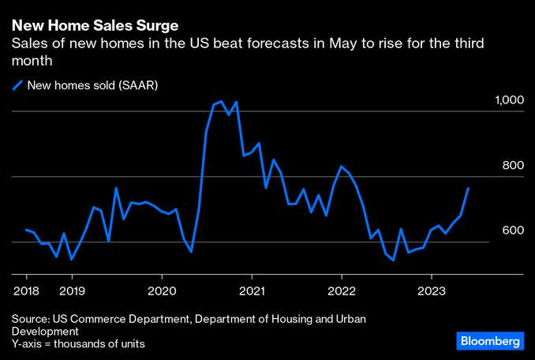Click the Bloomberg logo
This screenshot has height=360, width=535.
click(489, 341)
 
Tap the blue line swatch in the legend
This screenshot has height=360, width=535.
click(17, 85)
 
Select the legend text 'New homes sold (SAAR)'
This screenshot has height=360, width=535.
click(93, 85)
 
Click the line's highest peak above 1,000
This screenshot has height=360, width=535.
click(221, 101)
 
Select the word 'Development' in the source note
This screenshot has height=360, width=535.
click(43, 332)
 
